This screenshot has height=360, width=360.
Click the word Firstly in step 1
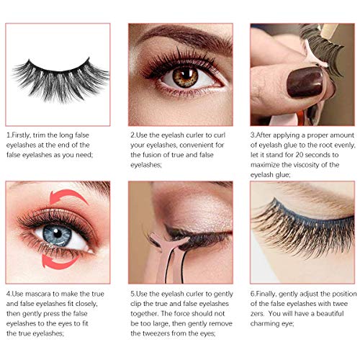(x=24, y=135)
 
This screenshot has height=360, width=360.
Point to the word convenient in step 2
(x=199, y=145)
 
